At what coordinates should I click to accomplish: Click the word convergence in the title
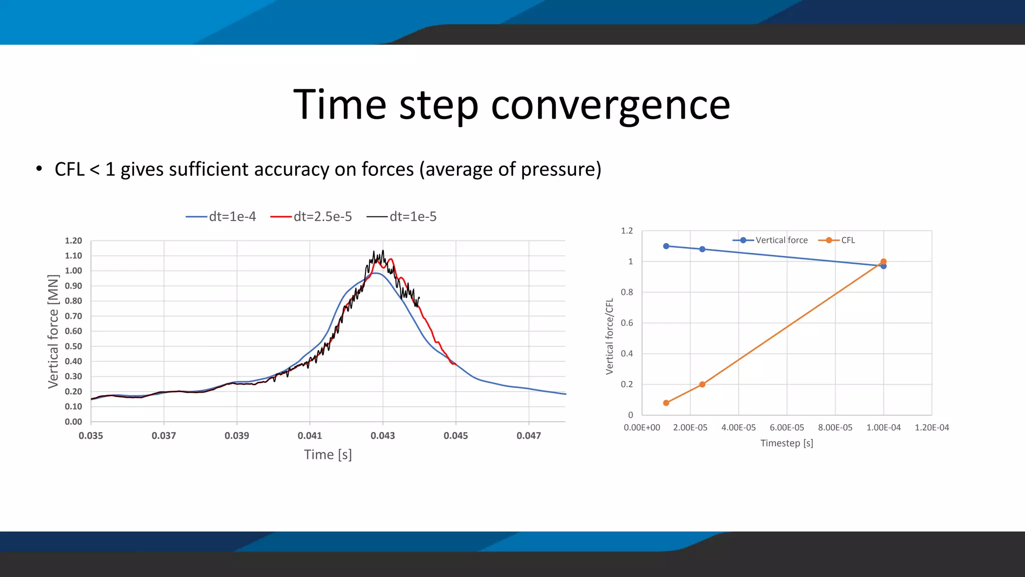coord(610,105)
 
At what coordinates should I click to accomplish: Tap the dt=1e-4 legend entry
coord(221,216)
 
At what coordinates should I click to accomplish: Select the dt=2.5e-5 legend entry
coord(311,216)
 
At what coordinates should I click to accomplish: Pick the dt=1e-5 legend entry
coord(402,216)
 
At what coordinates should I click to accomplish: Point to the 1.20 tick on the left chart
coord(73,241)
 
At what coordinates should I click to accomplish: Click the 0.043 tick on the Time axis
coord(382,436)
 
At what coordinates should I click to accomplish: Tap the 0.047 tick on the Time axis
coord(529,436)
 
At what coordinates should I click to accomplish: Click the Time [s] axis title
coord(328,455)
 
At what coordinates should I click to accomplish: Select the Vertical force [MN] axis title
coord(53,332)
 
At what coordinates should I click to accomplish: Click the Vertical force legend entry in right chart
coord(771,240)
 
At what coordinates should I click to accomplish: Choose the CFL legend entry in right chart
coord(837,240)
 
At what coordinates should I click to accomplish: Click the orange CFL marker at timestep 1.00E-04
coord(883,261)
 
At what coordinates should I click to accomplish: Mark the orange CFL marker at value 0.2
coord(702,385)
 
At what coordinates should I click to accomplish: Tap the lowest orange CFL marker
coord(666,403)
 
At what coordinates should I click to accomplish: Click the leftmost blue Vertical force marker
coord(666,246)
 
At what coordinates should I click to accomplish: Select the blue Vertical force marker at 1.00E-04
coord(883,266)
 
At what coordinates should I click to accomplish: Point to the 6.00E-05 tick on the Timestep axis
coord(787,428)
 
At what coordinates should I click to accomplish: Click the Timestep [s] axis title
coord(787,443)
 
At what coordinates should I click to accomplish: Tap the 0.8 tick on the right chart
coord(627,292)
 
